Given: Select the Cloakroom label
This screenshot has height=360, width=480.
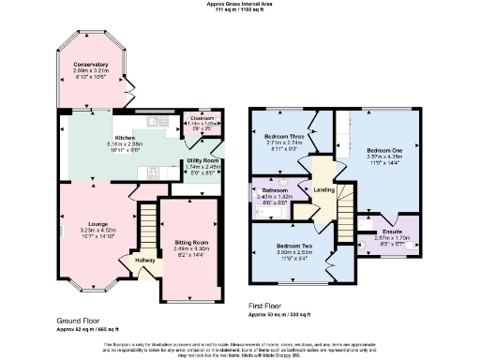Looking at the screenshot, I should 197,119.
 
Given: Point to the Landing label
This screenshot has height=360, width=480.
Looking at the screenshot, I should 323,190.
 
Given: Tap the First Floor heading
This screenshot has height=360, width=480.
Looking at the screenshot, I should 269,306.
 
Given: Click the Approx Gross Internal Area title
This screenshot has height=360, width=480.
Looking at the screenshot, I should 239,4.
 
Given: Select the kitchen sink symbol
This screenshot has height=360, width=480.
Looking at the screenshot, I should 157,120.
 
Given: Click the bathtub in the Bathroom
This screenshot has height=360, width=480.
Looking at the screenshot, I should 262,208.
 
